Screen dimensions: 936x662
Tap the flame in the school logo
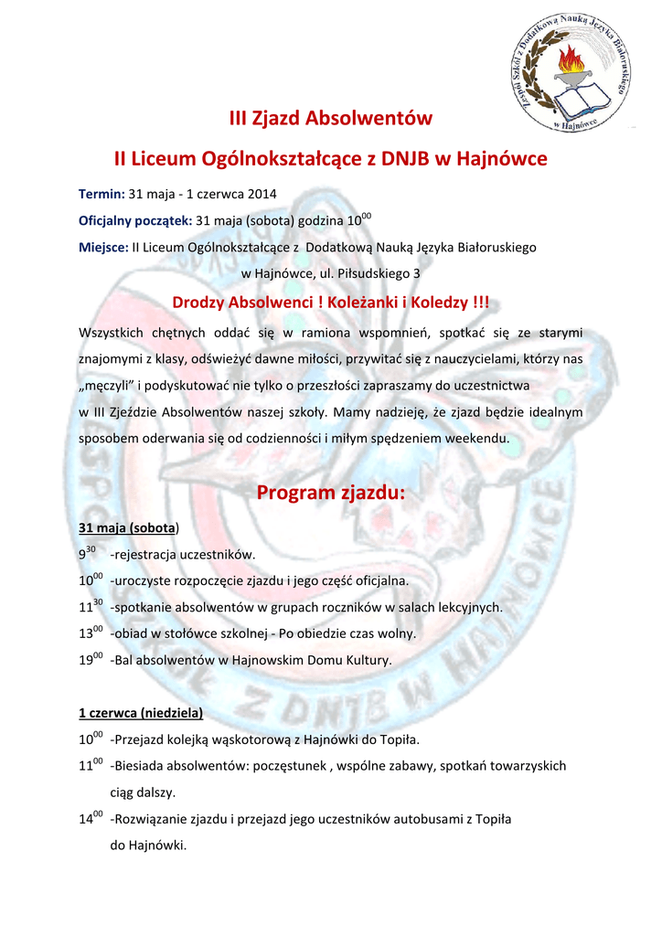(574, 62)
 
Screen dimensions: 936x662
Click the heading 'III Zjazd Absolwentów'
(330, 118)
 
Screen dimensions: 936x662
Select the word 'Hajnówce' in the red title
(502, 159)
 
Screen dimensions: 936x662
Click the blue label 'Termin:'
(101, 194)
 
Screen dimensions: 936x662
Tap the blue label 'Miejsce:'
(104, 247)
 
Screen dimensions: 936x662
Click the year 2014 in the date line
(261, 194)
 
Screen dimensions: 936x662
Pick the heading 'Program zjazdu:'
(330, 494)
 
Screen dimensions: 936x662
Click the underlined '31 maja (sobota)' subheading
(129, 528)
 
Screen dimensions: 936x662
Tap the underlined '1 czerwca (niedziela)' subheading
(141, 712)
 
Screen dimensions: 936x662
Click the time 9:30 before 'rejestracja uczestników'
(88, 554)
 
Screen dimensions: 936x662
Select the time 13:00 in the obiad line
(90, 633)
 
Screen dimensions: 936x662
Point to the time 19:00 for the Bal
(90, 659)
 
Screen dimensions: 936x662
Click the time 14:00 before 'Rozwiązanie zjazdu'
(90, 819)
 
